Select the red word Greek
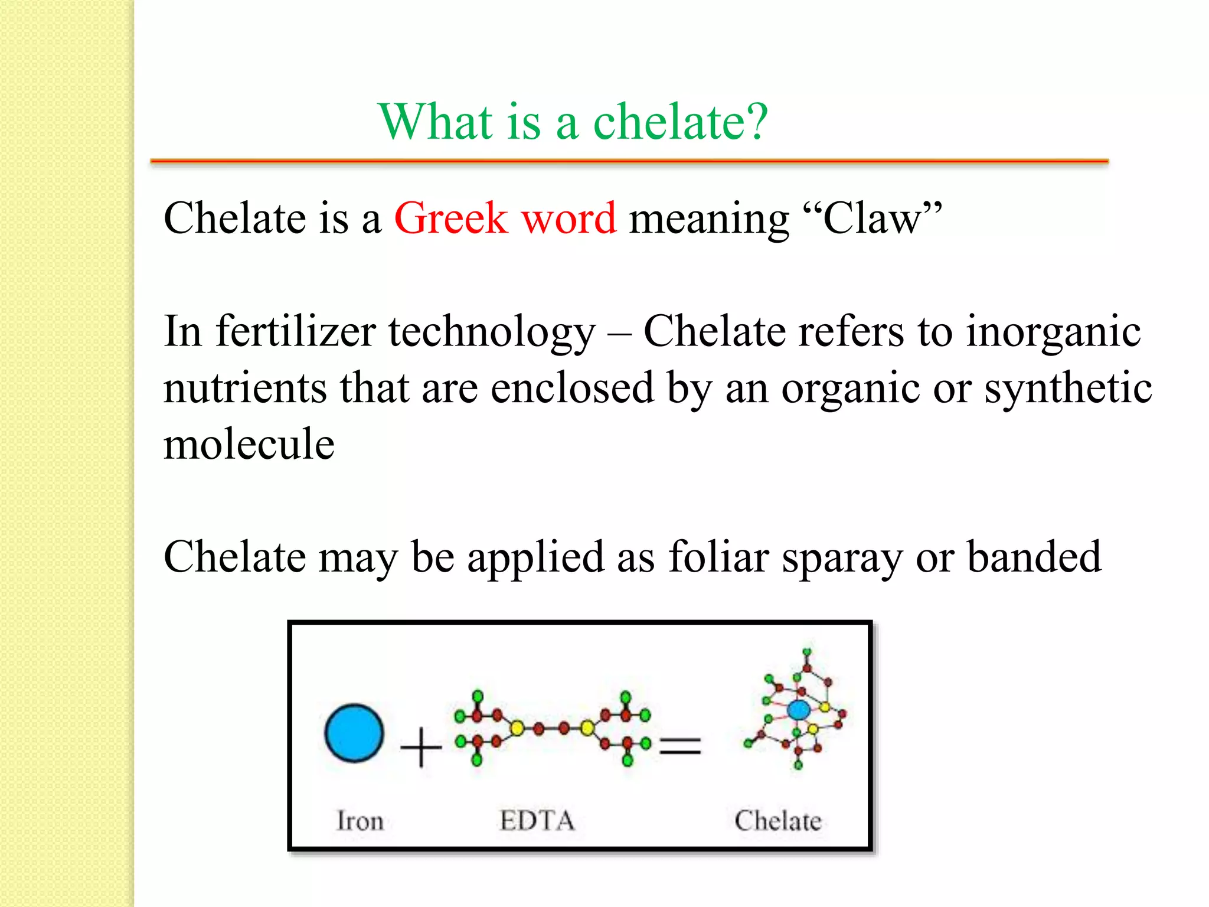pyautogui.click(x=450, y=218)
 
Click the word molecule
pyautogui.click(x=249, y=444)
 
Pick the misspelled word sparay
pyautogui.click(x=842, y=558)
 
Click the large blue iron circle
pyautogui.click(x=354, y=733)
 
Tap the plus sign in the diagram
pyautogui.click(x=421, y=747)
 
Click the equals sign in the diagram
pyautogui.click(x=680, y=745)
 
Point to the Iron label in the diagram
pyautogui.click(x=360, y=821)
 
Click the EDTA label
pyautogui.click(x=537, y=821)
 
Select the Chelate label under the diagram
pyautogui.click(x=777, y=821)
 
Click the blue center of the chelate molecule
pyautogui.click(x=799, y=710)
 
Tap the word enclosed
pyautogui.click(x=572, y=388)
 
